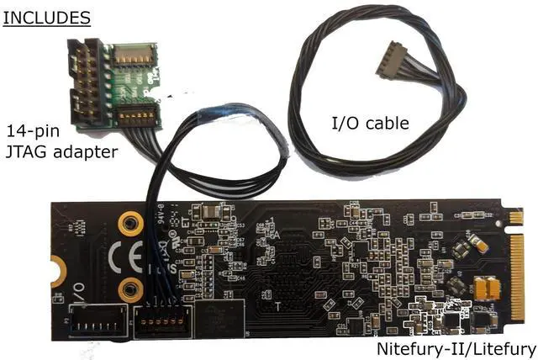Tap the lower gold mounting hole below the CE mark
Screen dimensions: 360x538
coord(129,290)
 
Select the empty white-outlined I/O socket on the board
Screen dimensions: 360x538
coord(98,320)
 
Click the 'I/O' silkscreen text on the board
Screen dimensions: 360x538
coord(78,294)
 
